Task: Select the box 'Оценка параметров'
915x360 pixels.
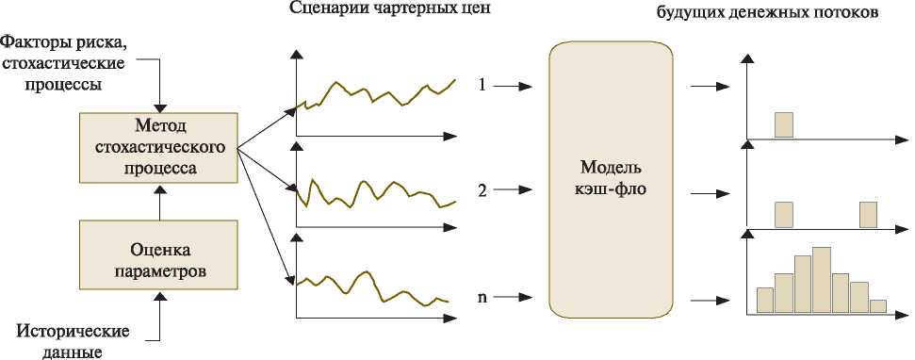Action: click(158, 254)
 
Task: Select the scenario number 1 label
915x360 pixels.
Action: click(482, 86)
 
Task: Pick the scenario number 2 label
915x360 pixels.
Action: click(482, 190)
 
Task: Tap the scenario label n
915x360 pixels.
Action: click(482, 297)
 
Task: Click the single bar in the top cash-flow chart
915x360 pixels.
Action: click(784, 125)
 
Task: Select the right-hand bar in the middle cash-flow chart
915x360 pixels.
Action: click(868, 215)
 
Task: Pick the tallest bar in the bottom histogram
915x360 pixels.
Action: click(821, 281)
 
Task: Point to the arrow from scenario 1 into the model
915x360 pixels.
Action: click(513, 87)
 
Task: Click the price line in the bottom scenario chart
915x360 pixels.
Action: click(372, 288)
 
